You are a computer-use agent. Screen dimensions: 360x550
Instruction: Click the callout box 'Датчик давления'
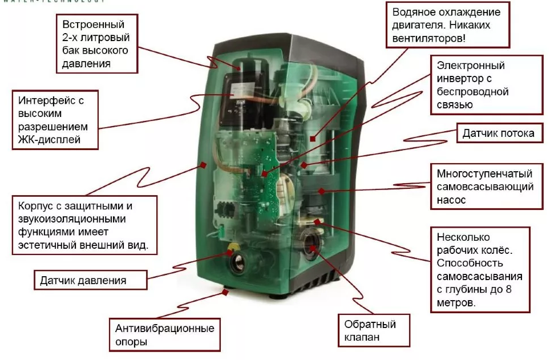83,281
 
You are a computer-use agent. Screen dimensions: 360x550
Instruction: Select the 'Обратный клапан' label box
370,331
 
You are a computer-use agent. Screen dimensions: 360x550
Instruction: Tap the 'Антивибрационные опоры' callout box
165,335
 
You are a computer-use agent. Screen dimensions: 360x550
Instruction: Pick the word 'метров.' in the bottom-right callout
456,303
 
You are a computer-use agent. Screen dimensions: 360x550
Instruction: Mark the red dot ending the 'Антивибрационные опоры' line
227,292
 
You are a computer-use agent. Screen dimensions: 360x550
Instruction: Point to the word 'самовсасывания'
471,277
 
